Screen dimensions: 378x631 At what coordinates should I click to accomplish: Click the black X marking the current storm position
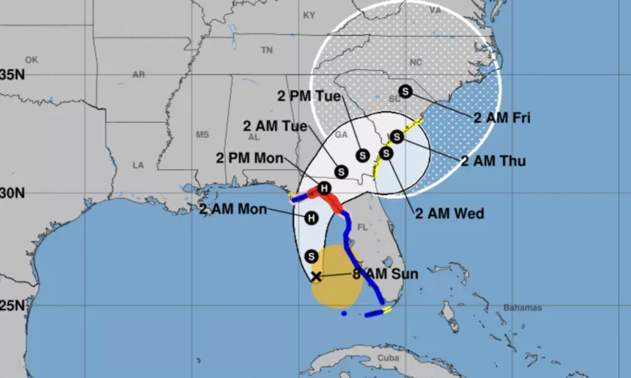315,277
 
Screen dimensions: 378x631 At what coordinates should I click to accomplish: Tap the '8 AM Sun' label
387,274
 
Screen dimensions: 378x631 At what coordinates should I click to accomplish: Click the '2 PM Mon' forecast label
249,158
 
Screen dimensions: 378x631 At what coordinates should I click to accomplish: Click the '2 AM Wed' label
449,213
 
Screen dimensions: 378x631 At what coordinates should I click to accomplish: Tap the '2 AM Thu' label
493,160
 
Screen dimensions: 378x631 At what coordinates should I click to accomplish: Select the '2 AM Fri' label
502,117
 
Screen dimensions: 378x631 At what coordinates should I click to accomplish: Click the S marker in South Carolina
405,91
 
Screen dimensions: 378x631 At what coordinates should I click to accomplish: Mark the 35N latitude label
13,75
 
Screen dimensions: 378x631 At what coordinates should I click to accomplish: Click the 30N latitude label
13,193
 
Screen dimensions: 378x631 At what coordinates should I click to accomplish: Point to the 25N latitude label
13,306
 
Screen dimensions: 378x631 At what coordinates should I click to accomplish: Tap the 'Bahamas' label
522,308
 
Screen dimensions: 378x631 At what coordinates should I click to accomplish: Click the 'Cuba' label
365,356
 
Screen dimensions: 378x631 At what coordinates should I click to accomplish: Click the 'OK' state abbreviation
31,60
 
